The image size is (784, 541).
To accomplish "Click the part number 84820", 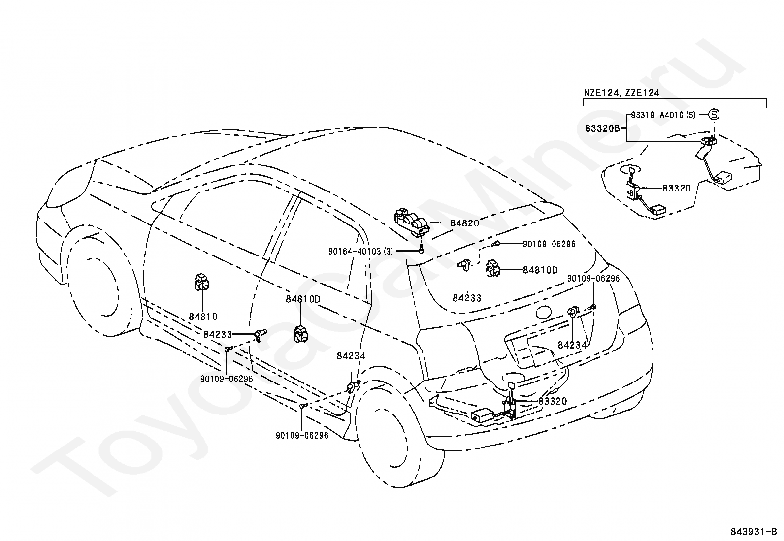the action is tap(464, 223).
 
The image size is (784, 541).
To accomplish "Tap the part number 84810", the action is tap(203, 317).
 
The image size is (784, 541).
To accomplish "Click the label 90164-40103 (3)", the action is tap(361, 251).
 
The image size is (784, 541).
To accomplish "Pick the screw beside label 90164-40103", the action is tap(422, 250).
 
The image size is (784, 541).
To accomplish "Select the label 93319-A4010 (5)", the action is tap(663, 115).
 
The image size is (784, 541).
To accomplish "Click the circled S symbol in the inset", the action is tap(714, 114).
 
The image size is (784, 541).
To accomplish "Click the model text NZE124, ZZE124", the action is tap(621, 93).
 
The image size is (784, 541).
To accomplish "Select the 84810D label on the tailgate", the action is tap(540, 270).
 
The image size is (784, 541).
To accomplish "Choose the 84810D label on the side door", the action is tap(303, 299).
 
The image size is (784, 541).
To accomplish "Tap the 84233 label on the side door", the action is tap(218, 335).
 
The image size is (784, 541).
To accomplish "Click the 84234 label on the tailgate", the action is tap(572, 345).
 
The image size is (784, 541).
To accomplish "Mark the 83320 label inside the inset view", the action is tap(677, 188).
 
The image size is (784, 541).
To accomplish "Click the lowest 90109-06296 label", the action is tap(302, 435).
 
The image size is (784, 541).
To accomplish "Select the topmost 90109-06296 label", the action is tap(549, 244).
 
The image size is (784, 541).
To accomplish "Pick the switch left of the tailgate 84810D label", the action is tap(492, 268).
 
